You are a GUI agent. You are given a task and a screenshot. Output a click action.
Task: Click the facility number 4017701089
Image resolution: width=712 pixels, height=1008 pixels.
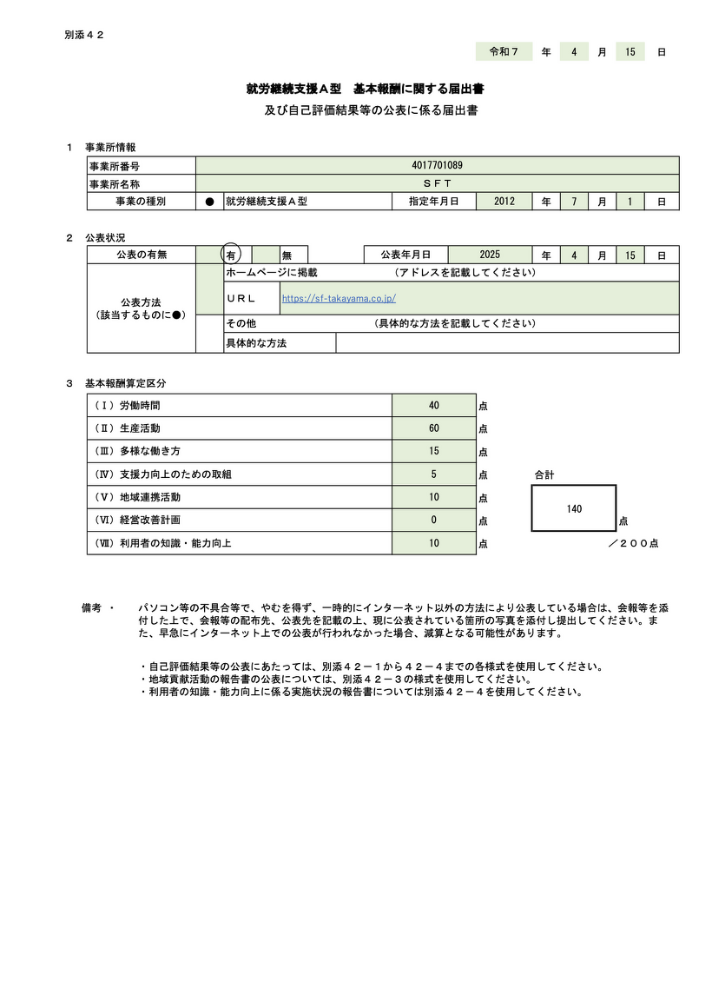point(437,165)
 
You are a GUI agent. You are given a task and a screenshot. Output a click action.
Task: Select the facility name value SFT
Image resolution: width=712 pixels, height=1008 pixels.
point(437,183)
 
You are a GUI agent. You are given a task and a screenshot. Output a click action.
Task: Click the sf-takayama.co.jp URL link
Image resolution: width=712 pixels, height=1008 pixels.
point(339,298)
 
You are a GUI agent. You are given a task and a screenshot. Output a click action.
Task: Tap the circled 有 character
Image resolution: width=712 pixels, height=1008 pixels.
point(231,255)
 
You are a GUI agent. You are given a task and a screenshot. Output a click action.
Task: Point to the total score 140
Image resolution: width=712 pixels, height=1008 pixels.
point(574,508)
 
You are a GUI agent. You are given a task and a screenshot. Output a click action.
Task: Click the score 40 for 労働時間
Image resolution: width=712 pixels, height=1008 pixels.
point(434,406)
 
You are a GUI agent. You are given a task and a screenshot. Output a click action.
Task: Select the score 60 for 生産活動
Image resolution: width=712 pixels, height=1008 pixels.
point(434,428)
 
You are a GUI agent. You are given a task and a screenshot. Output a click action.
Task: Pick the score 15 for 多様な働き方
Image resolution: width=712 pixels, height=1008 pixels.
point(434,451)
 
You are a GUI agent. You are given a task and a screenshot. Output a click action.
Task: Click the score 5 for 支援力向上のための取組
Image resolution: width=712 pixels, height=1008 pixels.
point(434,474)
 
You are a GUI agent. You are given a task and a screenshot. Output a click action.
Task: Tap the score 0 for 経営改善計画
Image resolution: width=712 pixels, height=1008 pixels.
point(434,520)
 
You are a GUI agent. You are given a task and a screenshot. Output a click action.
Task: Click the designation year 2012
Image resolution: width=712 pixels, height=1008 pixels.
point(504,201)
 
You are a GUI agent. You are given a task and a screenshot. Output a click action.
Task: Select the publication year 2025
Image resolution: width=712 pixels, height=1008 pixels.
point(490,255)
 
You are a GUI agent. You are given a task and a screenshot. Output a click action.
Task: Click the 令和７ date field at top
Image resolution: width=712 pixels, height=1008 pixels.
point(504,52)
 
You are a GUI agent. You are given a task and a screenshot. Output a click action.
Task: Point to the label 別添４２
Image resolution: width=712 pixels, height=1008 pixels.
point(84,35)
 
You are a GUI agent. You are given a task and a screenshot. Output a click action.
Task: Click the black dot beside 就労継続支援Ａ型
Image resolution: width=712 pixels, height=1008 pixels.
point(209,202)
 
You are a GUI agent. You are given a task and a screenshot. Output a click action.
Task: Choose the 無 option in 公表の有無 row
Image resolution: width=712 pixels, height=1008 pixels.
point(287,255)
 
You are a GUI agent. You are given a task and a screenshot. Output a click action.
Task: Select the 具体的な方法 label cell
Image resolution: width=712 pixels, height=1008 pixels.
point(256,343)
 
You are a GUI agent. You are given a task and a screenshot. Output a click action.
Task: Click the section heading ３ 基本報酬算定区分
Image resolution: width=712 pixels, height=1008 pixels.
point(116,382)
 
